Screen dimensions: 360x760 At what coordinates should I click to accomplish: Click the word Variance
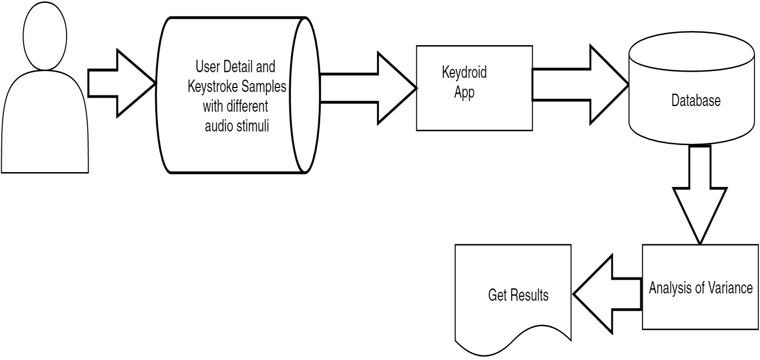(x=731, y=288)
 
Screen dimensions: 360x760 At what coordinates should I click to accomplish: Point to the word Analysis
(x=669, y=288)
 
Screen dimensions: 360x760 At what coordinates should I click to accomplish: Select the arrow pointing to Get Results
(x=607, y=294)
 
